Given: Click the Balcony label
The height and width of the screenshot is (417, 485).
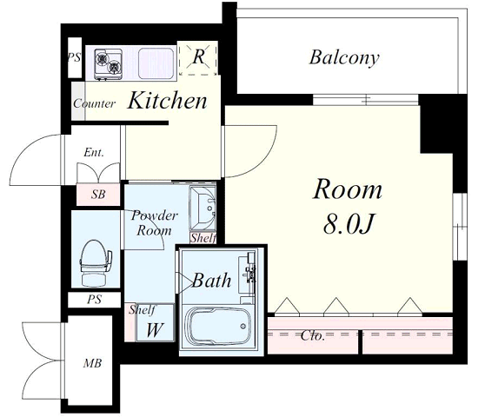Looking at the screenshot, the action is pos(344,58).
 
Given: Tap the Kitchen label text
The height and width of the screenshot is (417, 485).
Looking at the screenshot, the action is pos(168,101).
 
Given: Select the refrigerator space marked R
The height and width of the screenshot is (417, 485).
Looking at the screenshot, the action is pos(198,59).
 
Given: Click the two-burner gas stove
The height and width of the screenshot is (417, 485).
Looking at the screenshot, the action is pos(108,63).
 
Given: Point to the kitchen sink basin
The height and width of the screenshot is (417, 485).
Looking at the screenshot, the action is pos(156,63).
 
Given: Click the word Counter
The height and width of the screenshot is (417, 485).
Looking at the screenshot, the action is pos(95,103).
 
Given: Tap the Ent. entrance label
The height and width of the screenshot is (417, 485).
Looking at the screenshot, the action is pos(94,152).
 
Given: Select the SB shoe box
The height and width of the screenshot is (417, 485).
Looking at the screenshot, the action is pos(98,195).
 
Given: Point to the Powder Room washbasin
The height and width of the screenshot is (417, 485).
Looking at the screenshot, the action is pos(203,208).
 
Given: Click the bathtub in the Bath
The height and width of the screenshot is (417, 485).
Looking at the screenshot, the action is pos(217,326).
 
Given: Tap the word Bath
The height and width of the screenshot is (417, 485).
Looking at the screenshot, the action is pos(211,281).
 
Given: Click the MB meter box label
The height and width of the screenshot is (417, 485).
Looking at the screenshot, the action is pos(92,363).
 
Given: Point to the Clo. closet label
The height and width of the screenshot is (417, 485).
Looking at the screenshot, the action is pos(312,335).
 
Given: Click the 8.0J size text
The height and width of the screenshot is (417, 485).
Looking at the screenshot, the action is pos(349,223).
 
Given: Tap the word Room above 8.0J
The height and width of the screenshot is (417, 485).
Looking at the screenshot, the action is pos(348,189).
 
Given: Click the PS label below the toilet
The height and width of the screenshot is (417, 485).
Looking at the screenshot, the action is pos(95,299).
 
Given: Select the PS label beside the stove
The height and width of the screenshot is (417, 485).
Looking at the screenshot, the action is pos(74,57).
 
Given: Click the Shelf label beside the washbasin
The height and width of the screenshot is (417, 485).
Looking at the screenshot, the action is pos(203,238).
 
